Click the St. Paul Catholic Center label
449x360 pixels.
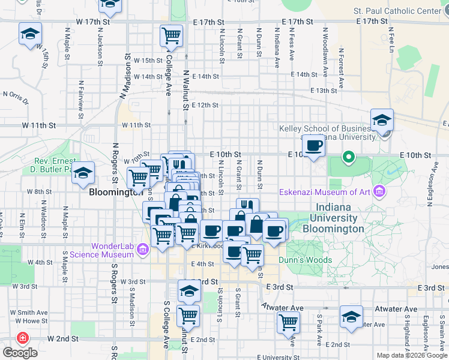point(397,11)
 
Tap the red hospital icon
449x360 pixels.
point(23,338)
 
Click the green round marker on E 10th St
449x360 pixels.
point(348,158)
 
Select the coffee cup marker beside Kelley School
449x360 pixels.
point(313,145)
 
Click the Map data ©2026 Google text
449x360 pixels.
point(411,355)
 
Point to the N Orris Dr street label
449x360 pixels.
point(16,94)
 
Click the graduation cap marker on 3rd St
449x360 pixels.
point(189,291)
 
